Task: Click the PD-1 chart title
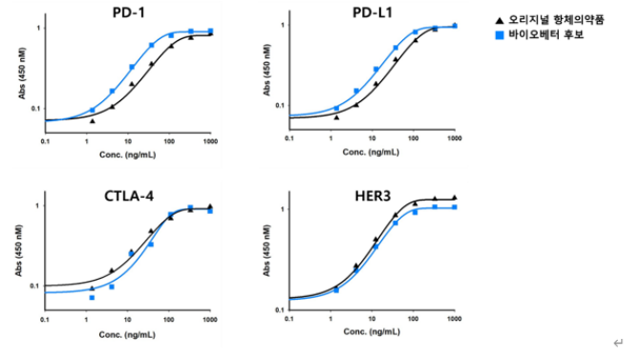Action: [129, 12]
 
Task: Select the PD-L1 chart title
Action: [373, 12]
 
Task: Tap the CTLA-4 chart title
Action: [129, 196]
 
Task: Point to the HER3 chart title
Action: [373, 196]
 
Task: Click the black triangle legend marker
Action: [500, 20]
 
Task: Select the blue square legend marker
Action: [500, 35]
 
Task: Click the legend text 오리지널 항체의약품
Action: [556, 20]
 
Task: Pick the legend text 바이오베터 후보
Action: [546, 35]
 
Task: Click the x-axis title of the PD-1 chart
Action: [127, 155]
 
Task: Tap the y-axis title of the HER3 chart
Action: [267, 250]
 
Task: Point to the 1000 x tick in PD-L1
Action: [455, 138]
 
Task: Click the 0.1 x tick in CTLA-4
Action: [45, 319]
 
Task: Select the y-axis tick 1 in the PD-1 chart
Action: [39, 28]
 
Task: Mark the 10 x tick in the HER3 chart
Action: [372, 318]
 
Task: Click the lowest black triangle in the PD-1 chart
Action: [93, 121]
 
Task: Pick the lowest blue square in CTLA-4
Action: [92, 298]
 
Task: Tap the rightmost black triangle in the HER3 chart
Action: [455, 198]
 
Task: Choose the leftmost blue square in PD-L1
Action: [337, 108]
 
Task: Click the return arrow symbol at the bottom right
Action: [618, 343]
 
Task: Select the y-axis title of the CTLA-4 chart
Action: [19, 250]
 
